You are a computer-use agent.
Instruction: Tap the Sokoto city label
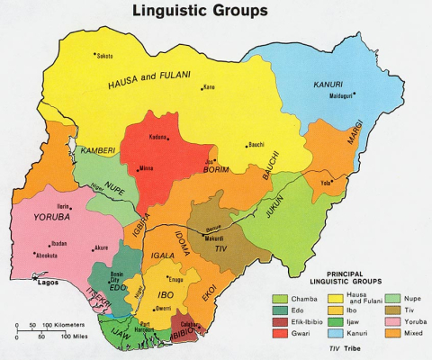[x=104, y=56]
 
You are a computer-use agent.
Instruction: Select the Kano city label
[x=210, y=87]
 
